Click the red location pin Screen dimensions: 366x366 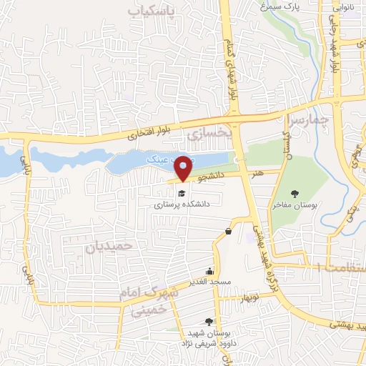[x=184, y=169]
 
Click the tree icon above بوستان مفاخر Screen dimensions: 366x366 [x=295, y=193]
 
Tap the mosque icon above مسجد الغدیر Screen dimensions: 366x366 [x=209, y=271]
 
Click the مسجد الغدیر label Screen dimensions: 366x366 [x=209, y=282]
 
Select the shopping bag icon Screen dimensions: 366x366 [x=228, y=231]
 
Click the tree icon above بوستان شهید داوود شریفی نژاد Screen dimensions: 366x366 [x=209, y=322]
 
